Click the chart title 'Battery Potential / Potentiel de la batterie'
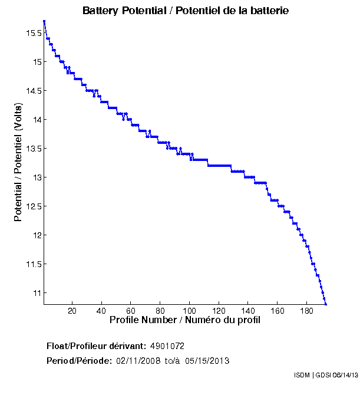(x=186, y=11)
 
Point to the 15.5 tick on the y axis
(x=33, y=33)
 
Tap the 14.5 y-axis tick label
(x=33, y=91)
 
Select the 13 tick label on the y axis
(x=37, y=177)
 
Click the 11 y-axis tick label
(x=37, y=293)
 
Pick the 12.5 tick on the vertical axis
(x=33, y=206)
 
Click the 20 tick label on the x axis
(x=72, y=311)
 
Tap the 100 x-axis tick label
(x=189, y=311)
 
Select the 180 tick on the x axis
(x=306, y=311)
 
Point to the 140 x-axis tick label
(x=247, y=311)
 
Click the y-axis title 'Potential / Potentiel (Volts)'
(x=18, y=162)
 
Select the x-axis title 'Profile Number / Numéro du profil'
(x=185, y=320)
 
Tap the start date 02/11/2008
(x=138, y=360)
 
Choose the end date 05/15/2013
(x=207, y=360)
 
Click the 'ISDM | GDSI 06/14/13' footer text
(x=325, y=375)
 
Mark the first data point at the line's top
(x=44, y=21)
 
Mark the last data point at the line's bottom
(x=325, y=304)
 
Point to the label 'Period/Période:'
(x=78, y=360)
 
